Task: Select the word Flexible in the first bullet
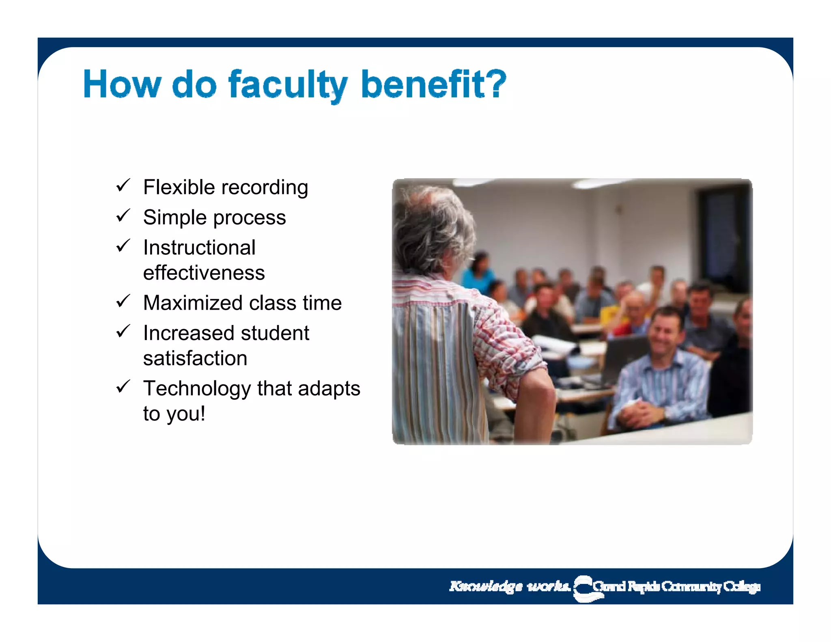(179, 187)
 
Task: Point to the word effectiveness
(204, 273)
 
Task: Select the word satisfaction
(195, 358)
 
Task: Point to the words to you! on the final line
(174, 414)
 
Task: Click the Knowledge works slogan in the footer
(509, 586)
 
